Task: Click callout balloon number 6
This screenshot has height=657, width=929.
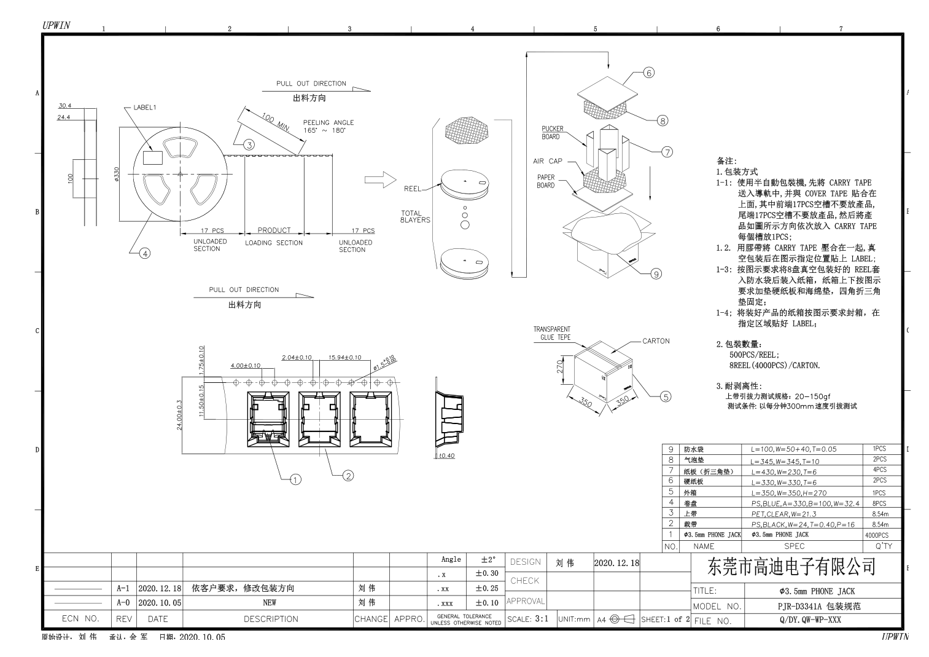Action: (649, 73)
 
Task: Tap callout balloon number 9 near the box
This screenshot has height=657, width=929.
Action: (656, 274)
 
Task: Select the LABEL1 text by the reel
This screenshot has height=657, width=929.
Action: (145, 108)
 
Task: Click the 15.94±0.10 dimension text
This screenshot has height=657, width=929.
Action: (344, 357)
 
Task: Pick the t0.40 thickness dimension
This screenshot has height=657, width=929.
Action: (446, 455)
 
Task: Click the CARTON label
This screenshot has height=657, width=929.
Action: (656, 341)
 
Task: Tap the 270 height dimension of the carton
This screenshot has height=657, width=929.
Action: (559, 366)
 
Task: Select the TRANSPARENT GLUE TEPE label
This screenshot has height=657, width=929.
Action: (552, 333)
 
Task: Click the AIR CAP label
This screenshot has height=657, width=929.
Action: (547, 161)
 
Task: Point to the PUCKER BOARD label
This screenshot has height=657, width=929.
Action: (552, 133)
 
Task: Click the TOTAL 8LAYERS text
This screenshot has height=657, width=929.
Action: (414, 216)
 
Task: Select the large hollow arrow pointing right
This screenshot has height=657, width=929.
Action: (380, 179)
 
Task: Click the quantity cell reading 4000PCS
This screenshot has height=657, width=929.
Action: (877, 535)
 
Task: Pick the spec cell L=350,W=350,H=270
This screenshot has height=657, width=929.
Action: (788, 493)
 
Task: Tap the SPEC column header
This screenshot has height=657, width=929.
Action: (794, 546)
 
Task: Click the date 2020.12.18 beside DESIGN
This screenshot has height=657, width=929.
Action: (616, 562)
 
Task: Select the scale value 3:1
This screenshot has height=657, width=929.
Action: (542, 619)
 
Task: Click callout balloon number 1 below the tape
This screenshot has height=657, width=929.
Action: (295, 479)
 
